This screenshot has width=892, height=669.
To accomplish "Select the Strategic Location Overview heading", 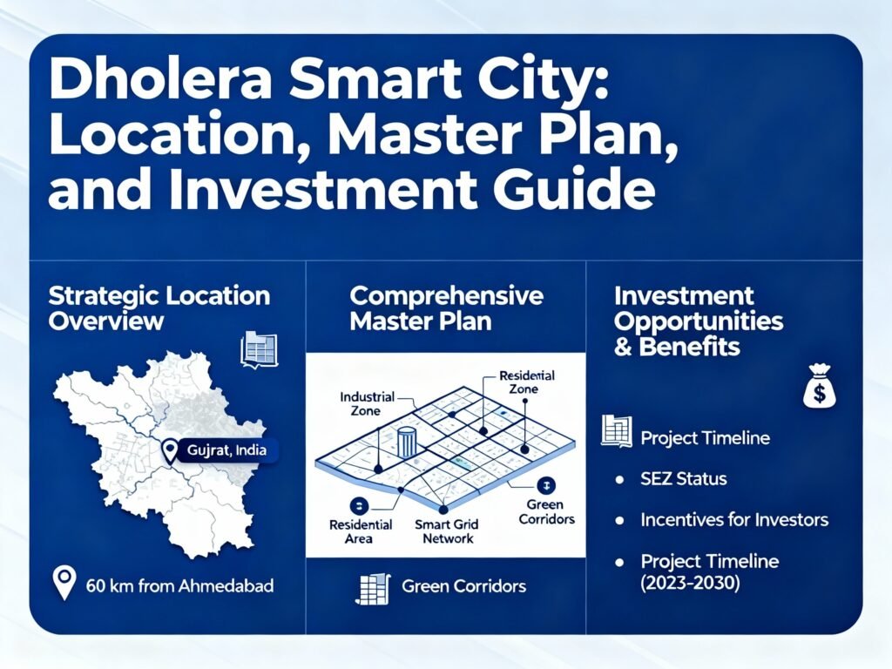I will click(x=159, y=307).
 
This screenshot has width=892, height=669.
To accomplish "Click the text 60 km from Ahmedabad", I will click(x=180, y=585).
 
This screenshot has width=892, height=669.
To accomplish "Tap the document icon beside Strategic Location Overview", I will click(x=258, y=348).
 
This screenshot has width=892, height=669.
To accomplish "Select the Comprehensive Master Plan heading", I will click(x=446, y=307).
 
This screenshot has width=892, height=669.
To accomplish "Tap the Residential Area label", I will click(x=360, y=531).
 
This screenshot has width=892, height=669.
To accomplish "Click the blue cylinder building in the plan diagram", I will click(x=407, y=442).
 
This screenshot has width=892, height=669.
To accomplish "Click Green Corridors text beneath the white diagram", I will click(x=463, y=585).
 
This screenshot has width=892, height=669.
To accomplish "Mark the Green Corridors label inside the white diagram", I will click(x=546, y=511).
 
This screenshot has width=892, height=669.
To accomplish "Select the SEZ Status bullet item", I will click(x=683, y=479).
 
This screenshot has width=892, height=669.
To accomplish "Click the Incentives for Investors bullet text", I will click(x=733, y=520).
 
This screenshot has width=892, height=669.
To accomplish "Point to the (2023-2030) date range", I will click(x=690, y=583).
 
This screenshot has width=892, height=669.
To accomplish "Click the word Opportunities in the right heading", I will click(x=699, y=321).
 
